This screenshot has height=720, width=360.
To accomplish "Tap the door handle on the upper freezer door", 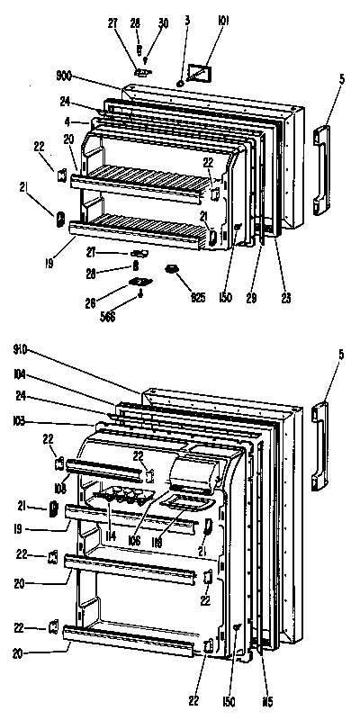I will (x=321, y=170).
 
